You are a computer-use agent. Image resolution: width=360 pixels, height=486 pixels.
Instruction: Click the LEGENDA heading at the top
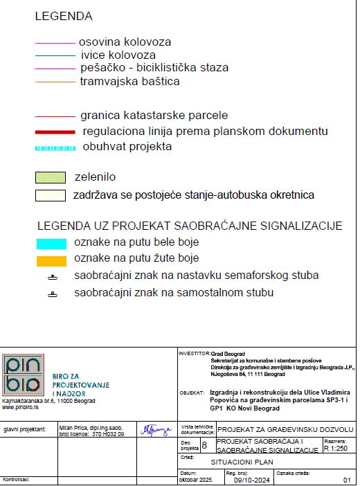click(x=63, y=16)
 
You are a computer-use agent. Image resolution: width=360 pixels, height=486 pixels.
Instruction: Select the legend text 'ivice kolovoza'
click(x=118, y=55)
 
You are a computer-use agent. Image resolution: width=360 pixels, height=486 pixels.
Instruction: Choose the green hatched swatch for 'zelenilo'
click(x=51, y=177)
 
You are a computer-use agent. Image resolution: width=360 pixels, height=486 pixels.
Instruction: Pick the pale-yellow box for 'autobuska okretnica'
click(x=51, y=195)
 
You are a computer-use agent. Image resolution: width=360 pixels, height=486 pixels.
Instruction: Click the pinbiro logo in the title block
click(x=24, y=374)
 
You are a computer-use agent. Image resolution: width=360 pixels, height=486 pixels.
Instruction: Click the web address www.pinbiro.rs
click(x=19, y=407)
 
